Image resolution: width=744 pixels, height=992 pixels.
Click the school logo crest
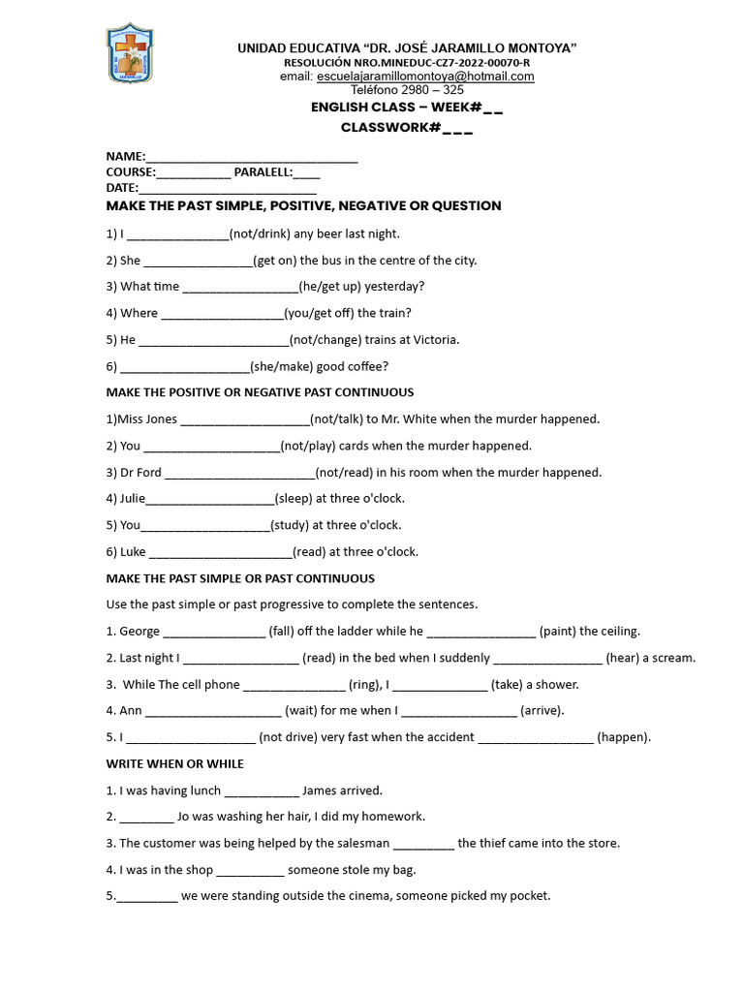[130, 53]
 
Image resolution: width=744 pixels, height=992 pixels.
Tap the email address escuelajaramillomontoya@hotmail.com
[425, 77]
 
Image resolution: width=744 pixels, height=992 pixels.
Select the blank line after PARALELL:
[306, 174]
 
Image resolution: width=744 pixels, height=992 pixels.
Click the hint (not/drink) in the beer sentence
[260, 233]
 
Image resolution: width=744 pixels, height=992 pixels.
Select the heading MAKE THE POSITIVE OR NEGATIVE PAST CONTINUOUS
[260, 392]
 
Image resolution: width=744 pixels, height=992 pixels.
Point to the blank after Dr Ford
[240, 474]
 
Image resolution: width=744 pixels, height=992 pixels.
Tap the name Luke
[133, 552]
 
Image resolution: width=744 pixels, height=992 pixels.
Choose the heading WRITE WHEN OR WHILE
[175, 764]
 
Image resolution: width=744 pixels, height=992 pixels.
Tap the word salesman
[357, 844]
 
